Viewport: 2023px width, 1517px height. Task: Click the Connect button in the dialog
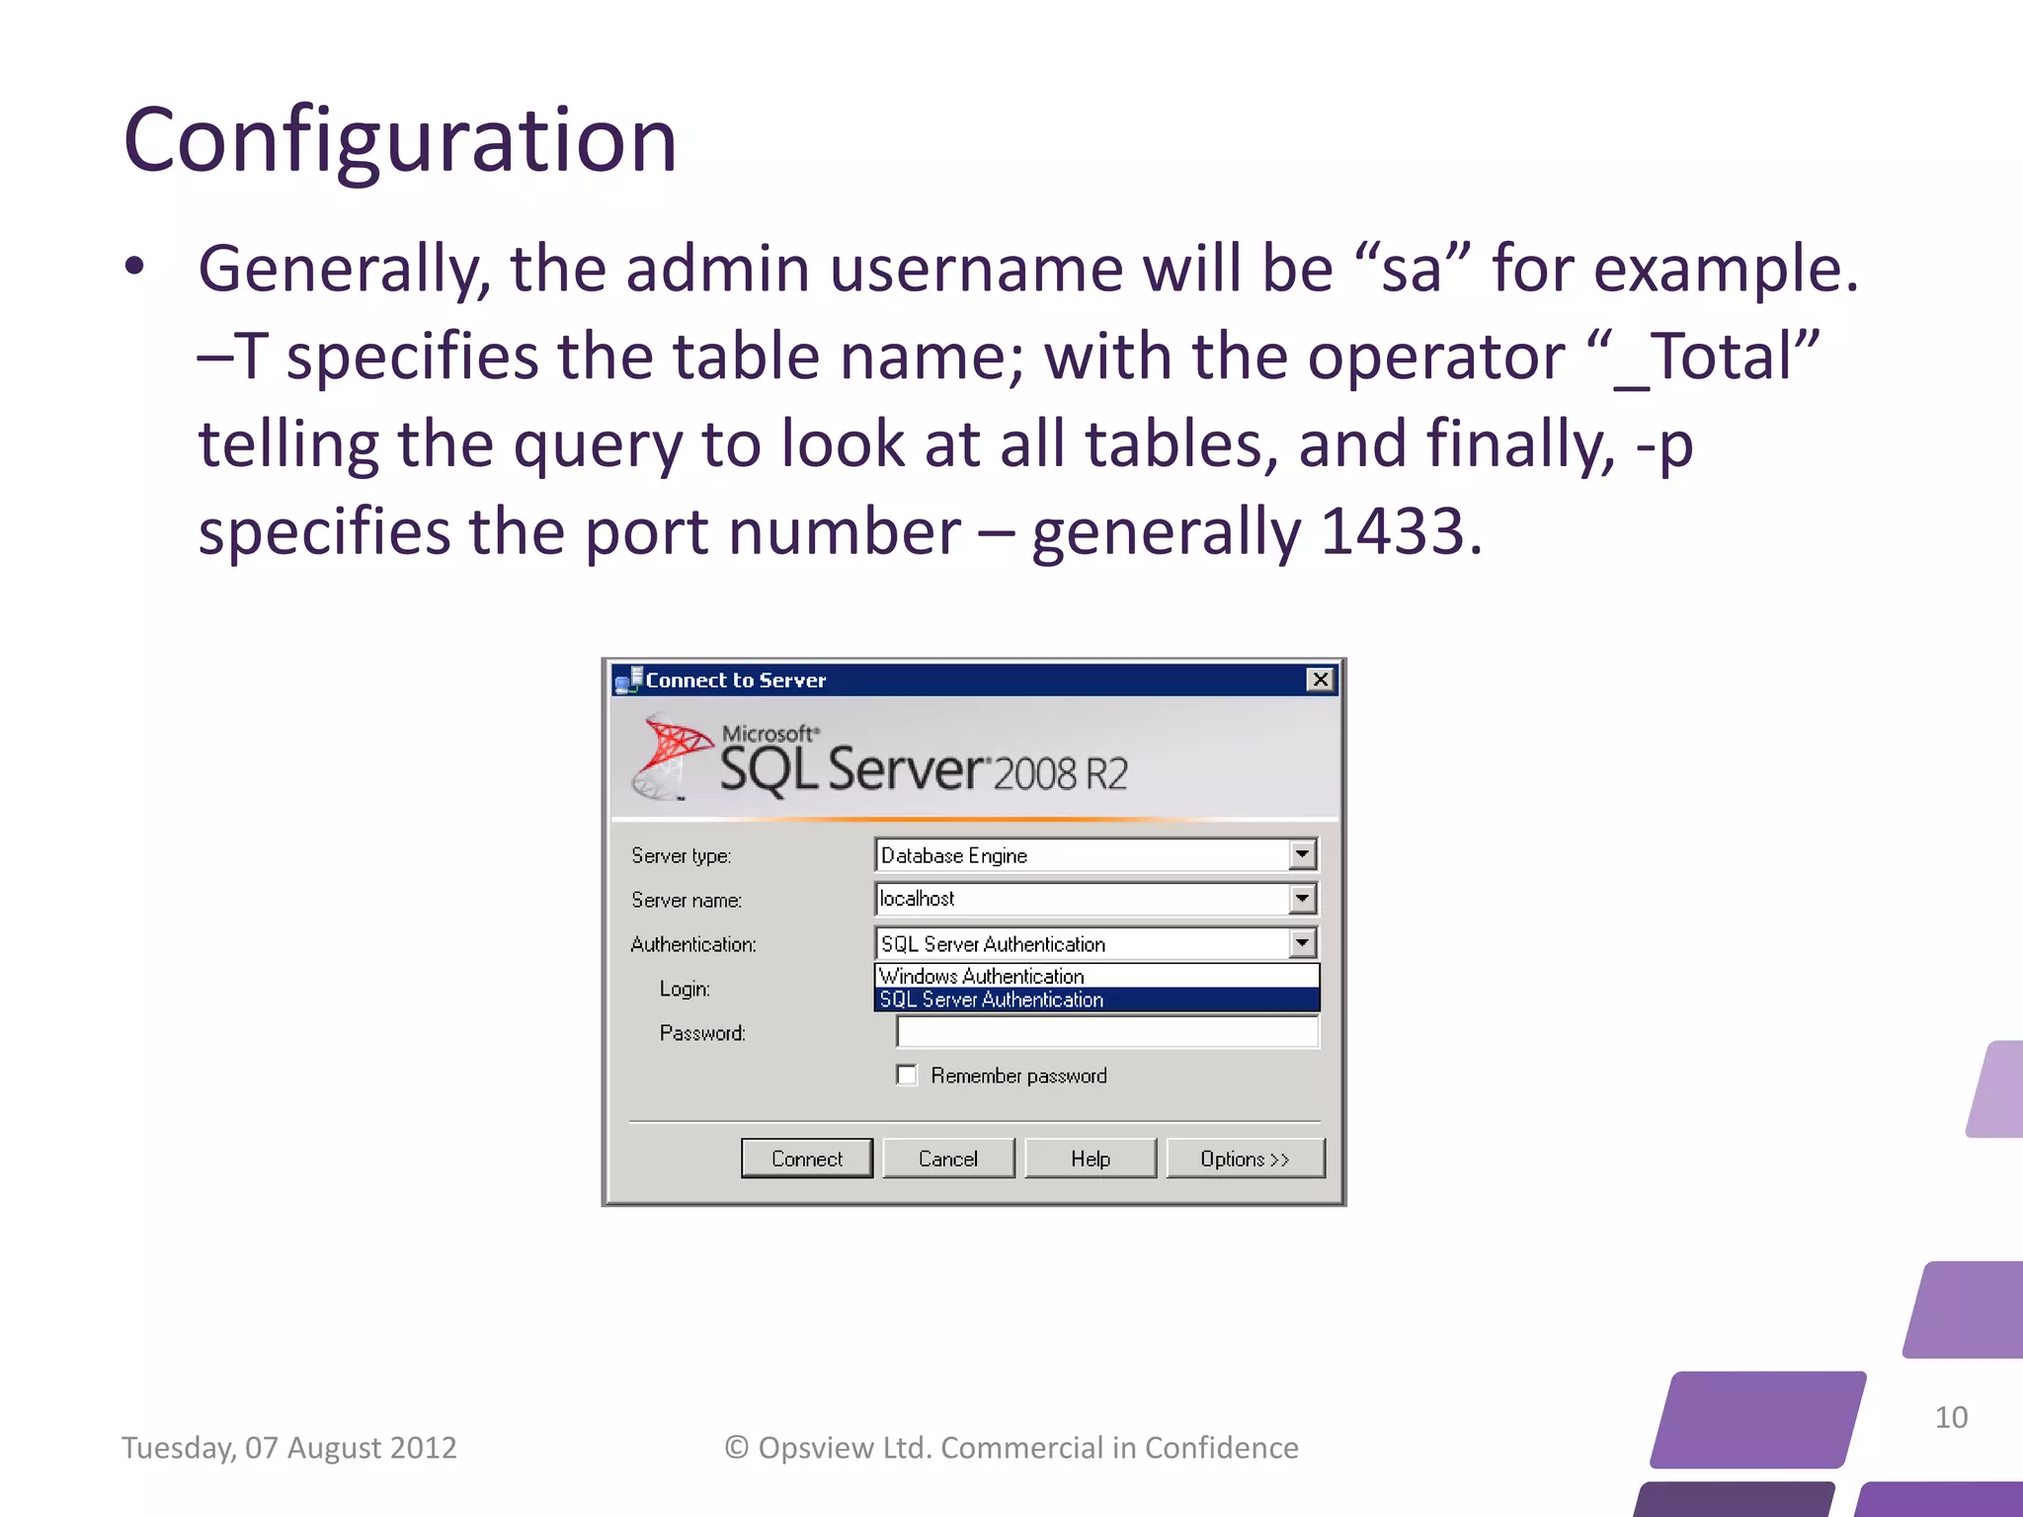point(806,1158)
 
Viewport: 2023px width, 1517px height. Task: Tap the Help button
point(1090,1158)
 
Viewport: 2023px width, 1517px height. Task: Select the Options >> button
point(1245,1158)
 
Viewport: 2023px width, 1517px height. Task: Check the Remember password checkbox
point(907,1075)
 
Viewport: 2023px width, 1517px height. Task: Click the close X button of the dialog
point(1320,679)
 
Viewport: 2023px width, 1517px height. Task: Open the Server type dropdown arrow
point(1302,854)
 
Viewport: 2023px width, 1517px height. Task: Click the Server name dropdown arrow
point(1302,899)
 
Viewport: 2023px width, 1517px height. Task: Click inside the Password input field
point(1106,1032)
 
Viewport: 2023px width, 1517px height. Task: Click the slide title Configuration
point(400,140)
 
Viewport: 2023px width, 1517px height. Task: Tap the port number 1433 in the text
point(1392,531)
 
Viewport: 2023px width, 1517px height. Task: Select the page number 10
point(1951,1417)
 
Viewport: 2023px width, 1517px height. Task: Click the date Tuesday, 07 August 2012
point(288,1448)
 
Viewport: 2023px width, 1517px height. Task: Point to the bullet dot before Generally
point(134,267)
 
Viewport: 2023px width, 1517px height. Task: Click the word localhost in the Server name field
point(917,899)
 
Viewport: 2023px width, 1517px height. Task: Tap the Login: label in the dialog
point(685,989)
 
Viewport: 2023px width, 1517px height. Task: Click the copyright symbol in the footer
point(737,1448)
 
